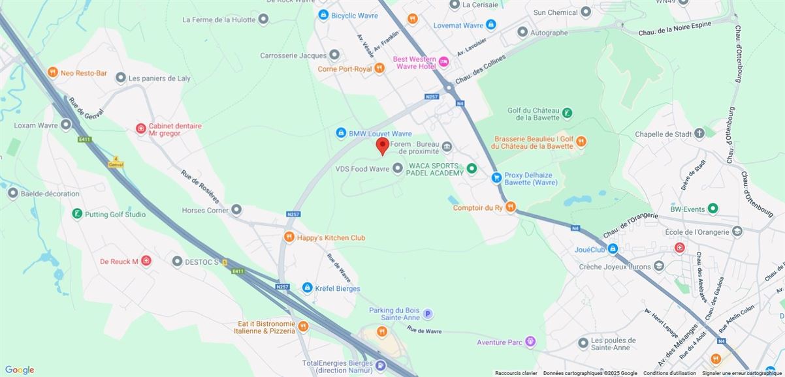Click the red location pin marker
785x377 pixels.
(x=383, y=145)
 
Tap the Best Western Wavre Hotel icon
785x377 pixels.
(x=444, y=62)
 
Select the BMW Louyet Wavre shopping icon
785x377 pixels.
(x=340, y=133)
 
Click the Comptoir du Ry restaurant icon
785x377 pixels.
(x=511, y=207)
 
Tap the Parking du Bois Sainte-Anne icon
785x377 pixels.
(x=428, y=314)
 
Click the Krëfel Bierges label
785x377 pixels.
(x=338, y=288)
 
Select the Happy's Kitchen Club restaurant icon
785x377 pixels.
(x=289, y=237)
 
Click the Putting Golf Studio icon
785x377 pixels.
(x=77, y=214)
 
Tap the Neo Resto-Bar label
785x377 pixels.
(x=84, y=73)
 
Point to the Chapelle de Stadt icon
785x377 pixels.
(x=699, y=134)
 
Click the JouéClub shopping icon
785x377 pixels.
(x=613, y=249)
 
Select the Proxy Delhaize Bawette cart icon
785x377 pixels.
(x=496, y=177)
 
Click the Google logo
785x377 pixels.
(x=20, y=370)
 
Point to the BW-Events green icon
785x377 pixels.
(x=713, y=209)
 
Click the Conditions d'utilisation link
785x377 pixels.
(x=669, y=373)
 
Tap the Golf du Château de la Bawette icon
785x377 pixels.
(x=568, y=113)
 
